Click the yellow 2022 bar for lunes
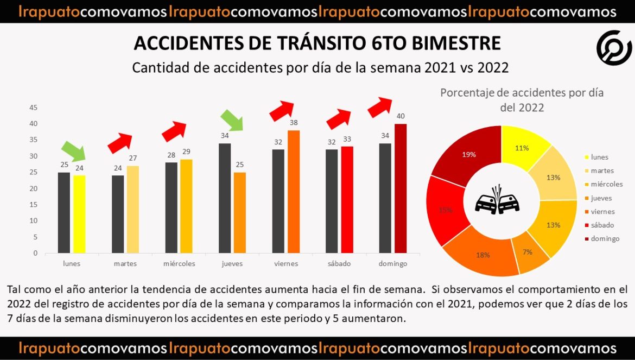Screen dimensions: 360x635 (79, 214)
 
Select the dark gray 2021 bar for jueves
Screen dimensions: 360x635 (225, 198)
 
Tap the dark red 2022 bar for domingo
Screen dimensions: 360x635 (401, 188)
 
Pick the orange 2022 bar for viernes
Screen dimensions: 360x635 (294, 192)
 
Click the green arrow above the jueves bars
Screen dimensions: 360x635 (232, 120)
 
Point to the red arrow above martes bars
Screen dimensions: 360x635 (119, 143)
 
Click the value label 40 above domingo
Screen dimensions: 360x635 (401, 116)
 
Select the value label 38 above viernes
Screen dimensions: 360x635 (294, 123)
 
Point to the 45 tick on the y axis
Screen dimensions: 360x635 (34, 108)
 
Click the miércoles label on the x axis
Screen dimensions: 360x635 (179, 264)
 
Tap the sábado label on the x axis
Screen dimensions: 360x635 (339, 264)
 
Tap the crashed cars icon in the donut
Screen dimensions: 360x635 (497, 200)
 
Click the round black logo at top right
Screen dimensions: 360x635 (614, 48)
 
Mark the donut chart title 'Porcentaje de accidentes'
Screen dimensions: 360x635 (522, 93)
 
